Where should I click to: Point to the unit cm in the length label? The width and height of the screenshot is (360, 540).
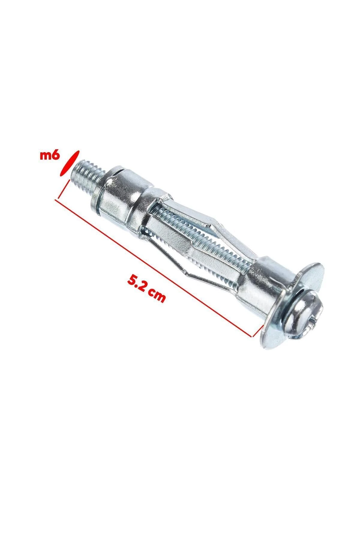click(158, 295)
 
